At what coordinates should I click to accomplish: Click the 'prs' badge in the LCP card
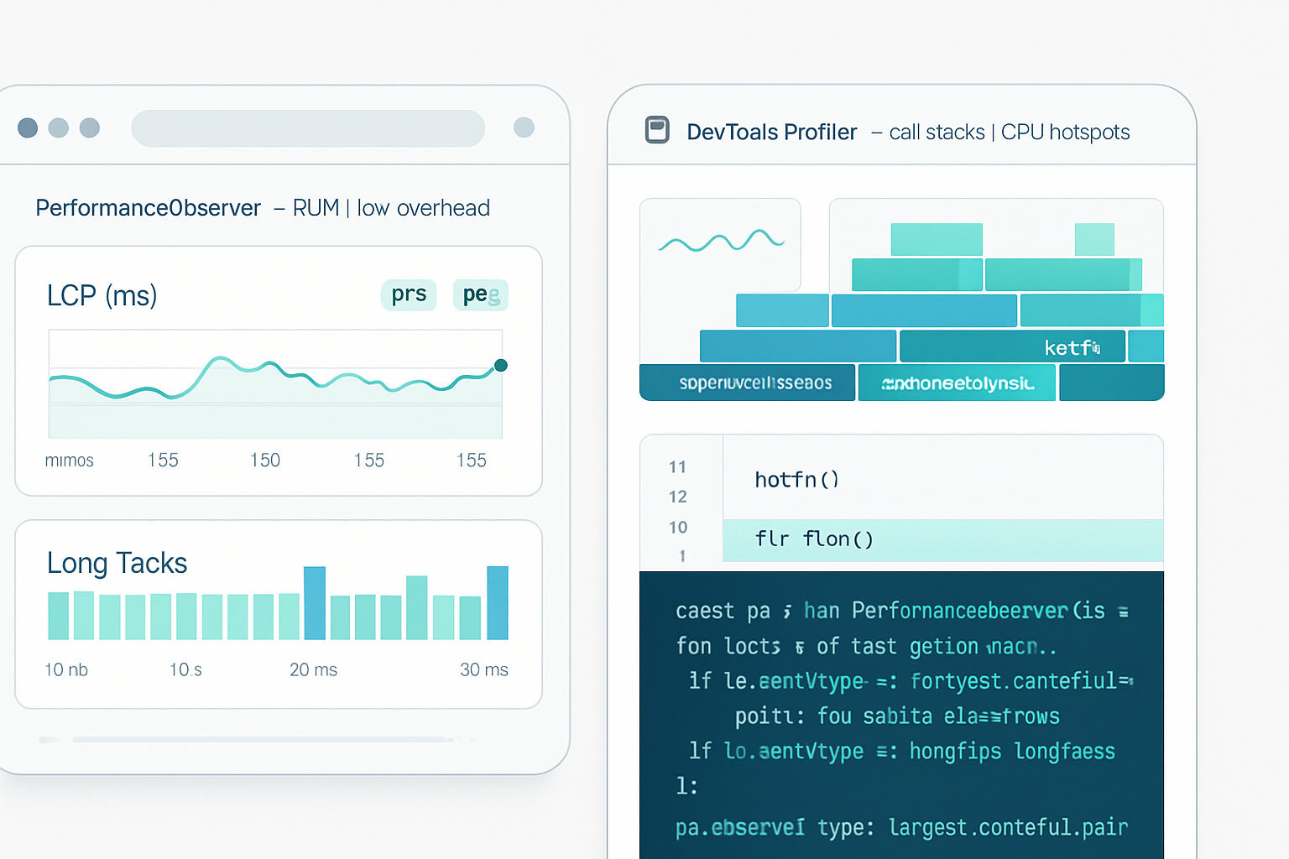409,294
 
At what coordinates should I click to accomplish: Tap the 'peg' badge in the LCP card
481,294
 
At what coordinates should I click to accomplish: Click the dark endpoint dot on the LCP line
501,365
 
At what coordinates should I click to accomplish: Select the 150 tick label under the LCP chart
265,460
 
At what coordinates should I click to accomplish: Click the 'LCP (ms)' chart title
102,295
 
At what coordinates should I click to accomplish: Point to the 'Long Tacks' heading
117,563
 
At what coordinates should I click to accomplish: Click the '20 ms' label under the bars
313,669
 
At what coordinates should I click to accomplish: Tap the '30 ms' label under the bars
483,669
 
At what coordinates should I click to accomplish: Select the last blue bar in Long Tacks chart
498,602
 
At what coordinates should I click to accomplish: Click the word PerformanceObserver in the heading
149,208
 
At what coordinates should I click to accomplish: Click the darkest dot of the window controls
28,128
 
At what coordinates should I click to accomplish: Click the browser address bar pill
308,128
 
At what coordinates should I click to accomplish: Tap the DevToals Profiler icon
657,130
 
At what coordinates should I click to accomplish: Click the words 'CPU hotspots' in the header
1065,133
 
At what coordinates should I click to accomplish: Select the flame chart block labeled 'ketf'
1012,346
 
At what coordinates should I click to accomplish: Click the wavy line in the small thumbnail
721,242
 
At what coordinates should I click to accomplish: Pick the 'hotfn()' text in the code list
796,480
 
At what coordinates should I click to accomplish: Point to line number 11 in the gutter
678,467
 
